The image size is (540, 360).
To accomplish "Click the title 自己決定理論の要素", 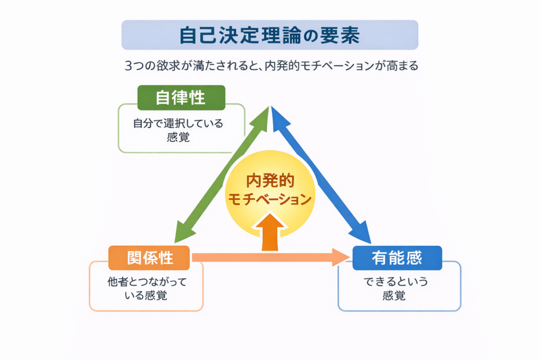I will pyautogui.click(x=269, y=35).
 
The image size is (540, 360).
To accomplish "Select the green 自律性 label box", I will pyautogui.click(x=181, y=98).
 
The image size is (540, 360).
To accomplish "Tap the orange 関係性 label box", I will pyautogui.click(x=149, y=258).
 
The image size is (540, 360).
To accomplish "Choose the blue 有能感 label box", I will pyautogui.click(x=397, y=258).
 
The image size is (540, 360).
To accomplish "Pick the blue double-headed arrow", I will pyautogui.click(x=321, y=174).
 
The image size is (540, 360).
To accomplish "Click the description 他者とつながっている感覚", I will pyautogui.click(x=147, y=288).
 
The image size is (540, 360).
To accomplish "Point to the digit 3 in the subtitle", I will pyautogui.click(x=128, y=66).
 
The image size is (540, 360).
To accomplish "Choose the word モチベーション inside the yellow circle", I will pyautogui.click(x=269, y=199).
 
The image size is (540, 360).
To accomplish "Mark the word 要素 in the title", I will pyautogui.click(x=342, y=35).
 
